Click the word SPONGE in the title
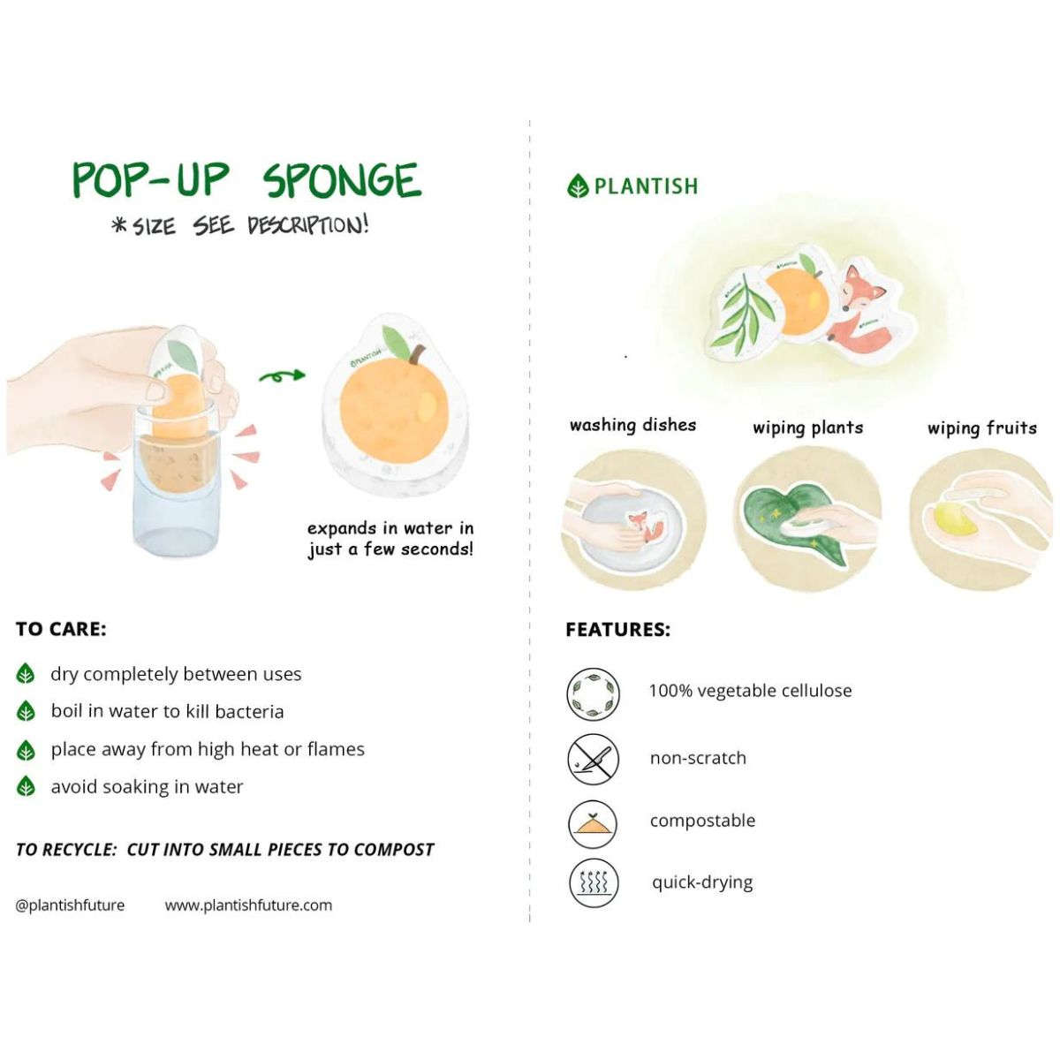point(342,180)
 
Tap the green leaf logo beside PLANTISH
point(577,185)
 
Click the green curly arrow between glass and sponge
point(282,376)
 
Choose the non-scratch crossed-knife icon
point(593,759)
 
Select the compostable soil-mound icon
point(593,824)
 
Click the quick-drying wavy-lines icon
point(593,882)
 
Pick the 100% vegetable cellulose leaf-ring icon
point(593,694)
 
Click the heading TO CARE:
point(61,629)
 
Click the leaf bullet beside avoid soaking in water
point(26,786)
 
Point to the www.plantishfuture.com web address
point(248,905)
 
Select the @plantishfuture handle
point(70,905)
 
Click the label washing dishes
point(632,425)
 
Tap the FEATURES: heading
point(617,629)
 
